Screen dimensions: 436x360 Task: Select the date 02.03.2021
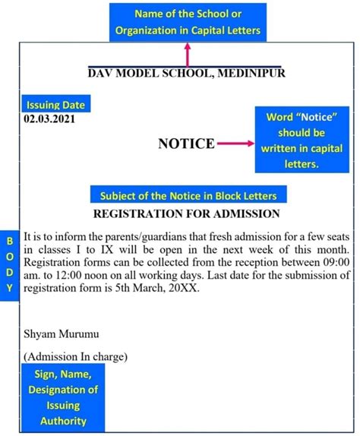(49, 118)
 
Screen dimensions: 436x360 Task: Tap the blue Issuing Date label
(55, 105)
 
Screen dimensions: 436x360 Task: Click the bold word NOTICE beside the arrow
(185, 144)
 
